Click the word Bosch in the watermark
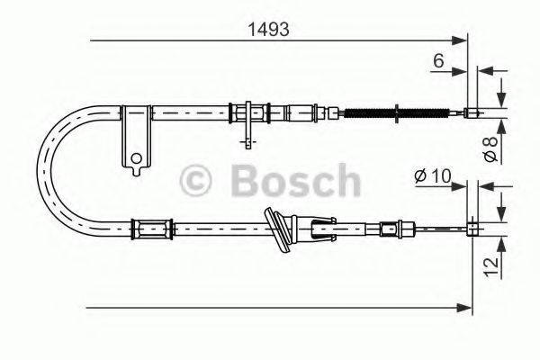point(295,183)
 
